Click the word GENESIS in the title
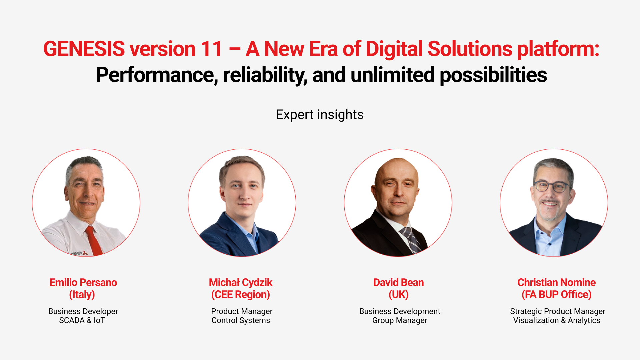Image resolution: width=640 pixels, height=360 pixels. tap(84, 49)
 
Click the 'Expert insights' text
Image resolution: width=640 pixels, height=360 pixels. tap(320, 115)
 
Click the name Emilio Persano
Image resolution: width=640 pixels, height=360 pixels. tap(83, 282)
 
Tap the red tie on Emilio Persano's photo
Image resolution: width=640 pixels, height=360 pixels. tap(93, 240)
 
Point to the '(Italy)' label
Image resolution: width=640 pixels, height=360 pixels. tap(82, 295)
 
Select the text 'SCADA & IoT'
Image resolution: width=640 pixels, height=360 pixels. tap(82, 320)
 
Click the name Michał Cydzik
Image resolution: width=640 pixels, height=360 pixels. tap(240, 282)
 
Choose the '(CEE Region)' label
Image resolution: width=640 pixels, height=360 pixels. tap(240, 295)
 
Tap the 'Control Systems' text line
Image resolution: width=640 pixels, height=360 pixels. tap(241, 320)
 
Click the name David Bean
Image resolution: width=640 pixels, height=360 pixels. tap(398, 282)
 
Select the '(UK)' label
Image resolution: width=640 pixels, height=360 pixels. tap(398, 295)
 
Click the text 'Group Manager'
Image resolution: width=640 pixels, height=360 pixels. tap(400, 320)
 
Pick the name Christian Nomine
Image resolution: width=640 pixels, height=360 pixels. tap(556, 282)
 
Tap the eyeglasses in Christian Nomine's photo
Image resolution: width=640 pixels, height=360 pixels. tap(552, 186)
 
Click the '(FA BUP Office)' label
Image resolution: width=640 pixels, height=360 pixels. tap(556, 295)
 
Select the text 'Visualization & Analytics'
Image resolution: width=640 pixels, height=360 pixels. tap(557, 320)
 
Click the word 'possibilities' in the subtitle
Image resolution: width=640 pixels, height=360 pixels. tap(493, 75)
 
